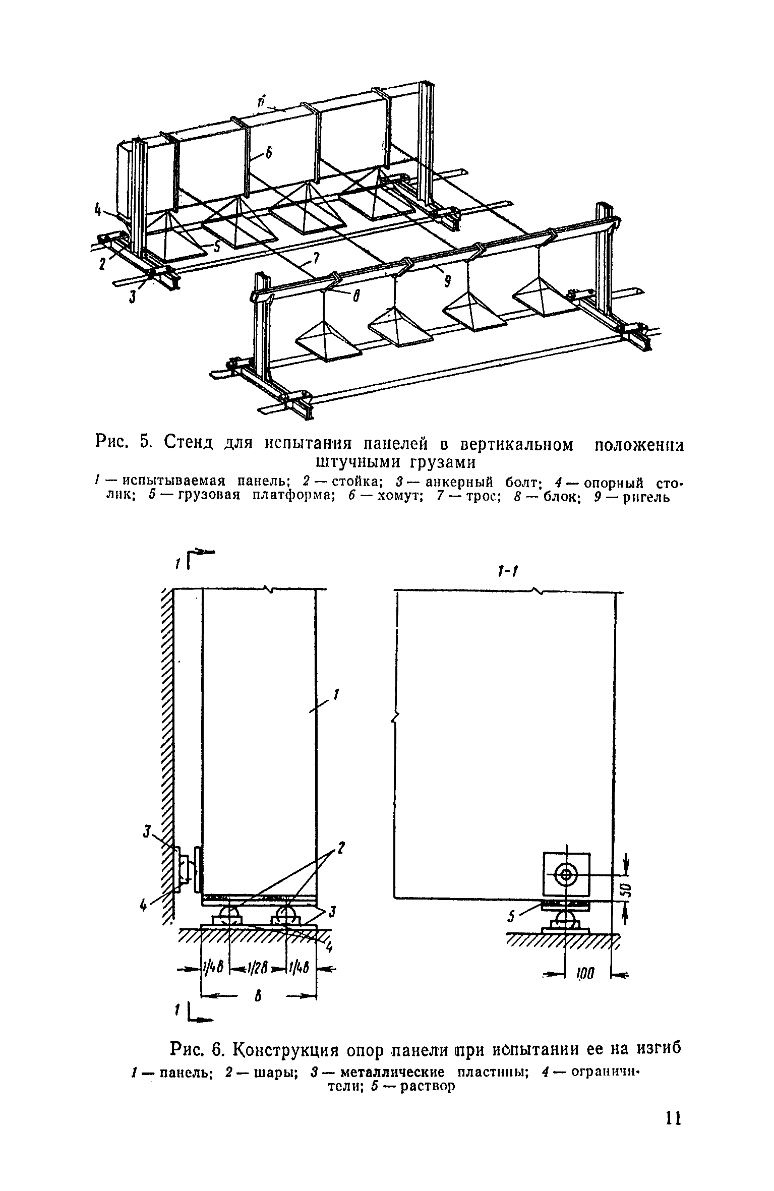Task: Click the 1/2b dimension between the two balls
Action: (258, 969)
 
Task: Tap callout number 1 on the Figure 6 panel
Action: (336, 696)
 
